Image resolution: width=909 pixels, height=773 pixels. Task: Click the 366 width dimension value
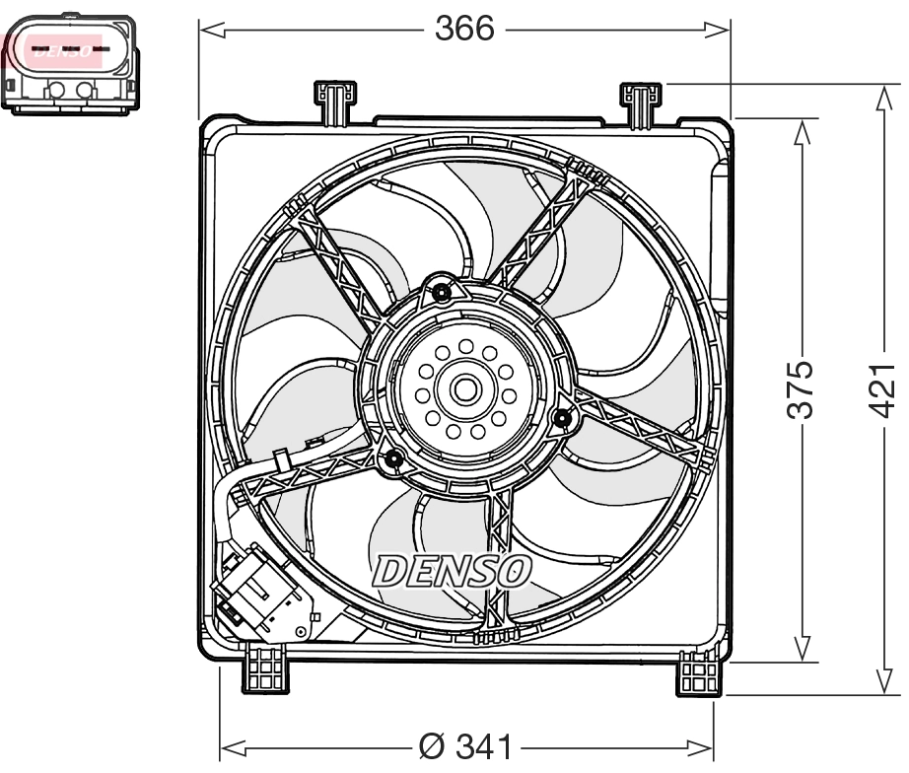coord(464,29)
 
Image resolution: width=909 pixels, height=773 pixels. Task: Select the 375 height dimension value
coord(804,388)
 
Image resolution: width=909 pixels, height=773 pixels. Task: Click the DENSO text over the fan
coord(452,570)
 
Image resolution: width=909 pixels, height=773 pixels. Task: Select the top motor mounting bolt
coord(442,292)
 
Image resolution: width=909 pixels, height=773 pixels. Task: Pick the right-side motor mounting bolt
coord(563,419)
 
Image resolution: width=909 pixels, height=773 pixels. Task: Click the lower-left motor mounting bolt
coord(393,458)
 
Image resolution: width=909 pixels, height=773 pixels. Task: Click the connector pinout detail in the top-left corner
coord(70,63)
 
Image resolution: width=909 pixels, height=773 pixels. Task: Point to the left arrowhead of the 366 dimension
coord(208,31)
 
